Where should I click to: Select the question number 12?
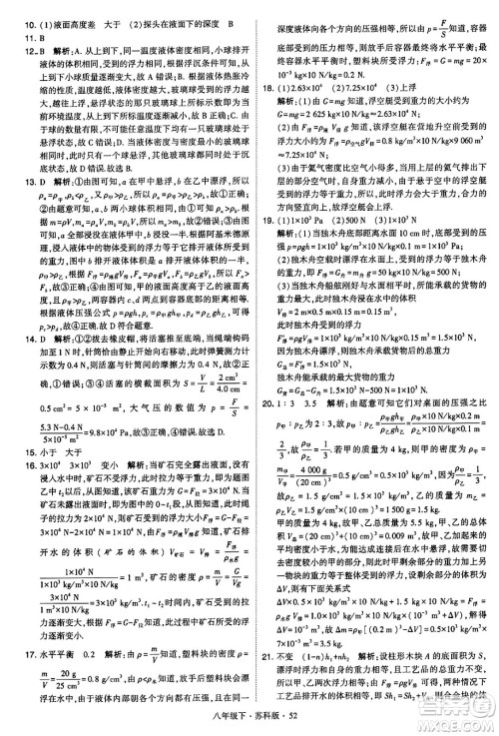point(17,46)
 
